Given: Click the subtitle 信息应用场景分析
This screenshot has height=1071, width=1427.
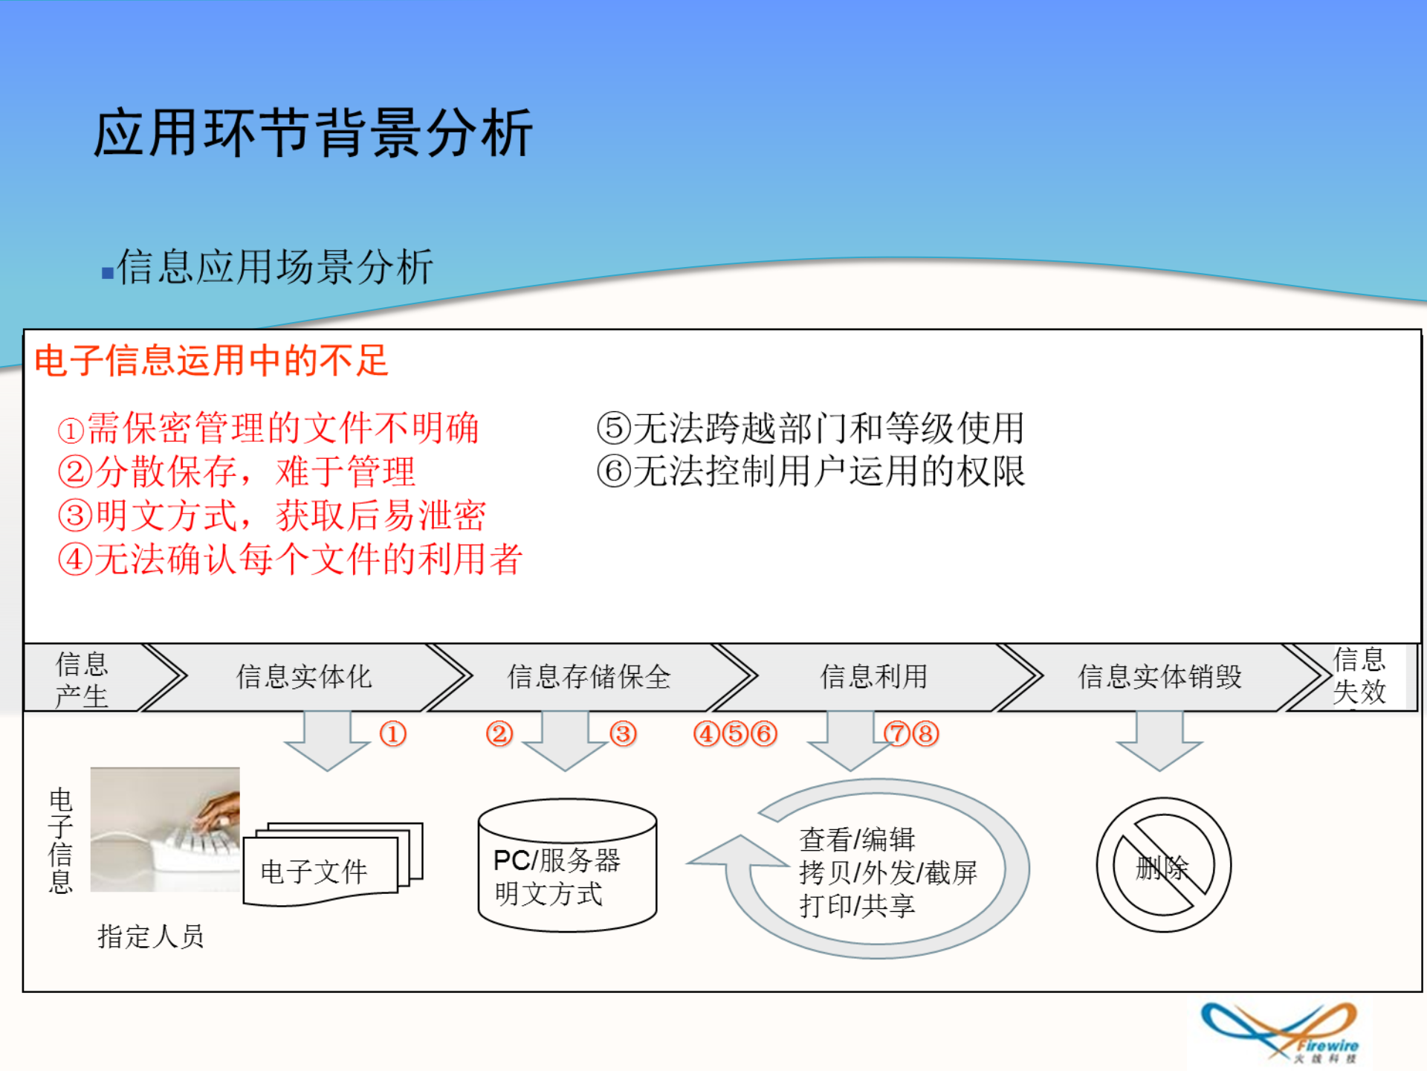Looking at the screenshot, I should [275, 267].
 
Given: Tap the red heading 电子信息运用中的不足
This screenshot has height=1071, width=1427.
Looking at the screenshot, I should [212, 361].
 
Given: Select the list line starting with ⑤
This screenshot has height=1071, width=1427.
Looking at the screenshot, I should [810, 428].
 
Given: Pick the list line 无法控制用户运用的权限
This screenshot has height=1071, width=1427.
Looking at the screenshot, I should [810, 472].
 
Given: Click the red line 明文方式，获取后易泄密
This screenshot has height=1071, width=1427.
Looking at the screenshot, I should [272, 515].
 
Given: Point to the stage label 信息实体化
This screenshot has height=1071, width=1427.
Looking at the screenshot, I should [304, 677].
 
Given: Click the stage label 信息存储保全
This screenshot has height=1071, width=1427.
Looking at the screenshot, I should [589, 677].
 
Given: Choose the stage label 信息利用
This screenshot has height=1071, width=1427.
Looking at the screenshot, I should [873, 677].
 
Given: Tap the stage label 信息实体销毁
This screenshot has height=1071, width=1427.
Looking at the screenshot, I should [1159, 677].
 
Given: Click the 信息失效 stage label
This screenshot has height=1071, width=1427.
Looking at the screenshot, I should [1359, 675].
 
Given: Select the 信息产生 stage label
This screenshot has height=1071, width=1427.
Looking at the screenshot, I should [82, 678].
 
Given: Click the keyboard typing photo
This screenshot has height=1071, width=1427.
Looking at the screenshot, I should [165, 829].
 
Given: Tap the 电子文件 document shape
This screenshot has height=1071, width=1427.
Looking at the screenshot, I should [327, 866].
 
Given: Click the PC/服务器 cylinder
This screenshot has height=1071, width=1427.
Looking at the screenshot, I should [567, 866].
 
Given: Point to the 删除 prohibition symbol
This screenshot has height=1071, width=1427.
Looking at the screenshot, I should [1163, 865].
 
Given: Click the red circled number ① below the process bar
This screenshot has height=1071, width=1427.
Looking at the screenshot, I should [393, 734].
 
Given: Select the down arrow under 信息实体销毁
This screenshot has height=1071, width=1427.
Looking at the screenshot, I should [1159, 740].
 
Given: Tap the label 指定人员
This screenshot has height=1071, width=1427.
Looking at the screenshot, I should [151, 936].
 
